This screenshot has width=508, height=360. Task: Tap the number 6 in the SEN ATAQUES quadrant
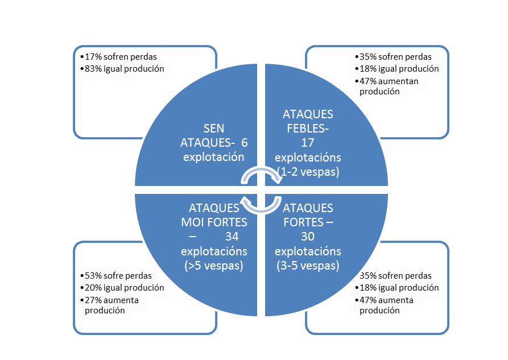click(x=244, y=142)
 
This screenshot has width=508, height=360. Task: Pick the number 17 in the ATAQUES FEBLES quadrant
click(x=308, y=143)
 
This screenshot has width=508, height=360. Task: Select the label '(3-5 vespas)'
click(x=308, y=265)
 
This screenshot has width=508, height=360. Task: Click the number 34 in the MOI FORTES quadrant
click(x=232, y=235)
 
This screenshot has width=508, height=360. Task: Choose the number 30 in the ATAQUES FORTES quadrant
click(x=308, y=235)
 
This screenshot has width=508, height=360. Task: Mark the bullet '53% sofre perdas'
click(x=116, y=276)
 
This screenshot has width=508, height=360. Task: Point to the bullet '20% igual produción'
click(x=124, y=288)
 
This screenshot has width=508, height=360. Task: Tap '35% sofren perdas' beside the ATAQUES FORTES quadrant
click(x=396, y=276)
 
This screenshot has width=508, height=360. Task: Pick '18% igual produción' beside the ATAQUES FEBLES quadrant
click(x=399, y=69)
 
